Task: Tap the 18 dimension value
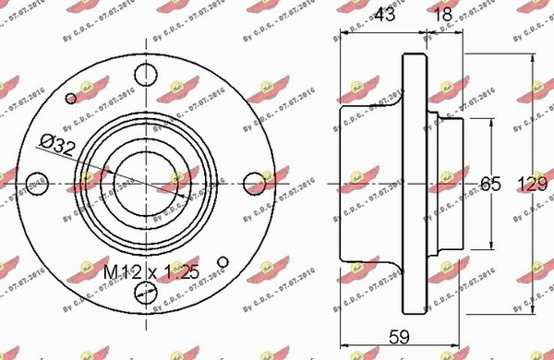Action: point(445,14)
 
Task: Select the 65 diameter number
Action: point(491,184)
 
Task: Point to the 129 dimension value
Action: point(534,184)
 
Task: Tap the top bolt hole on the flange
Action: point(143,73)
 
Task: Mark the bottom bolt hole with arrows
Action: point(143,294)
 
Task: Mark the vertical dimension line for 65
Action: point(489,148)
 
